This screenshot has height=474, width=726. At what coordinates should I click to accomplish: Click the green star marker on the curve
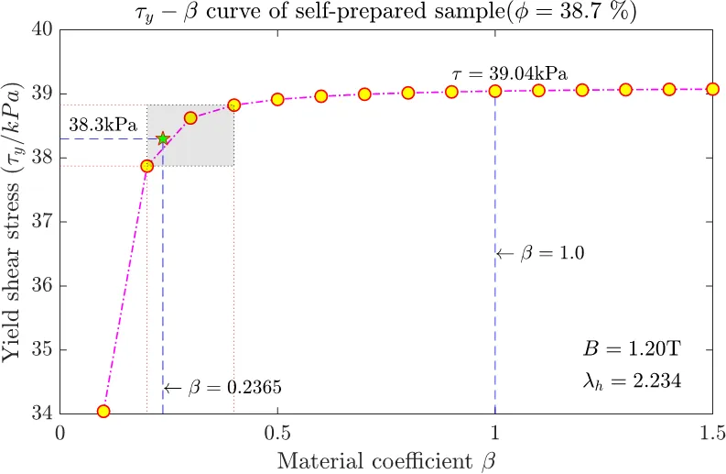click(163, 138)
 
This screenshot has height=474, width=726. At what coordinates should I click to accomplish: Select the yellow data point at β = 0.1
click(103, 412)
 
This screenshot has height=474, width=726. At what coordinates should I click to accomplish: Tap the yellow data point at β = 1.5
click(711, 89)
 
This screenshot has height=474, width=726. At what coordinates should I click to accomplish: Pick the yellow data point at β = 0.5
click(277, 99)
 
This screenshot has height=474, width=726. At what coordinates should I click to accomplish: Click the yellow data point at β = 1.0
click(495, 91)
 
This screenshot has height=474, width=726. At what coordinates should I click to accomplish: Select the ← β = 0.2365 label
click(222, 388)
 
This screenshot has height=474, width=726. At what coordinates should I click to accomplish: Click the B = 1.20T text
click(633, 349)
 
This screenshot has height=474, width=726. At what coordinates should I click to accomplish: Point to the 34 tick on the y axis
click(42, 413)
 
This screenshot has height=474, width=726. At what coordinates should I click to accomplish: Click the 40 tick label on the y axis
click(42, 29)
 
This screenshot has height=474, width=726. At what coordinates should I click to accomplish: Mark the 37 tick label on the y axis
click(42, 221)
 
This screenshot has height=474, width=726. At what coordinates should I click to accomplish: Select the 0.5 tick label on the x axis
click(277, 432)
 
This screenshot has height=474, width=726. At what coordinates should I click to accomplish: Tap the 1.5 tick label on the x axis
click(711, 432)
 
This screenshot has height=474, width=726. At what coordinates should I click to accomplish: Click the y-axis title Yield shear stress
click(15, 221)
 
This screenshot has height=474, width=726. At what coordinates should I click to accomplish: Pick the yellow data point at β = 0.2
click(146, 166)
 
